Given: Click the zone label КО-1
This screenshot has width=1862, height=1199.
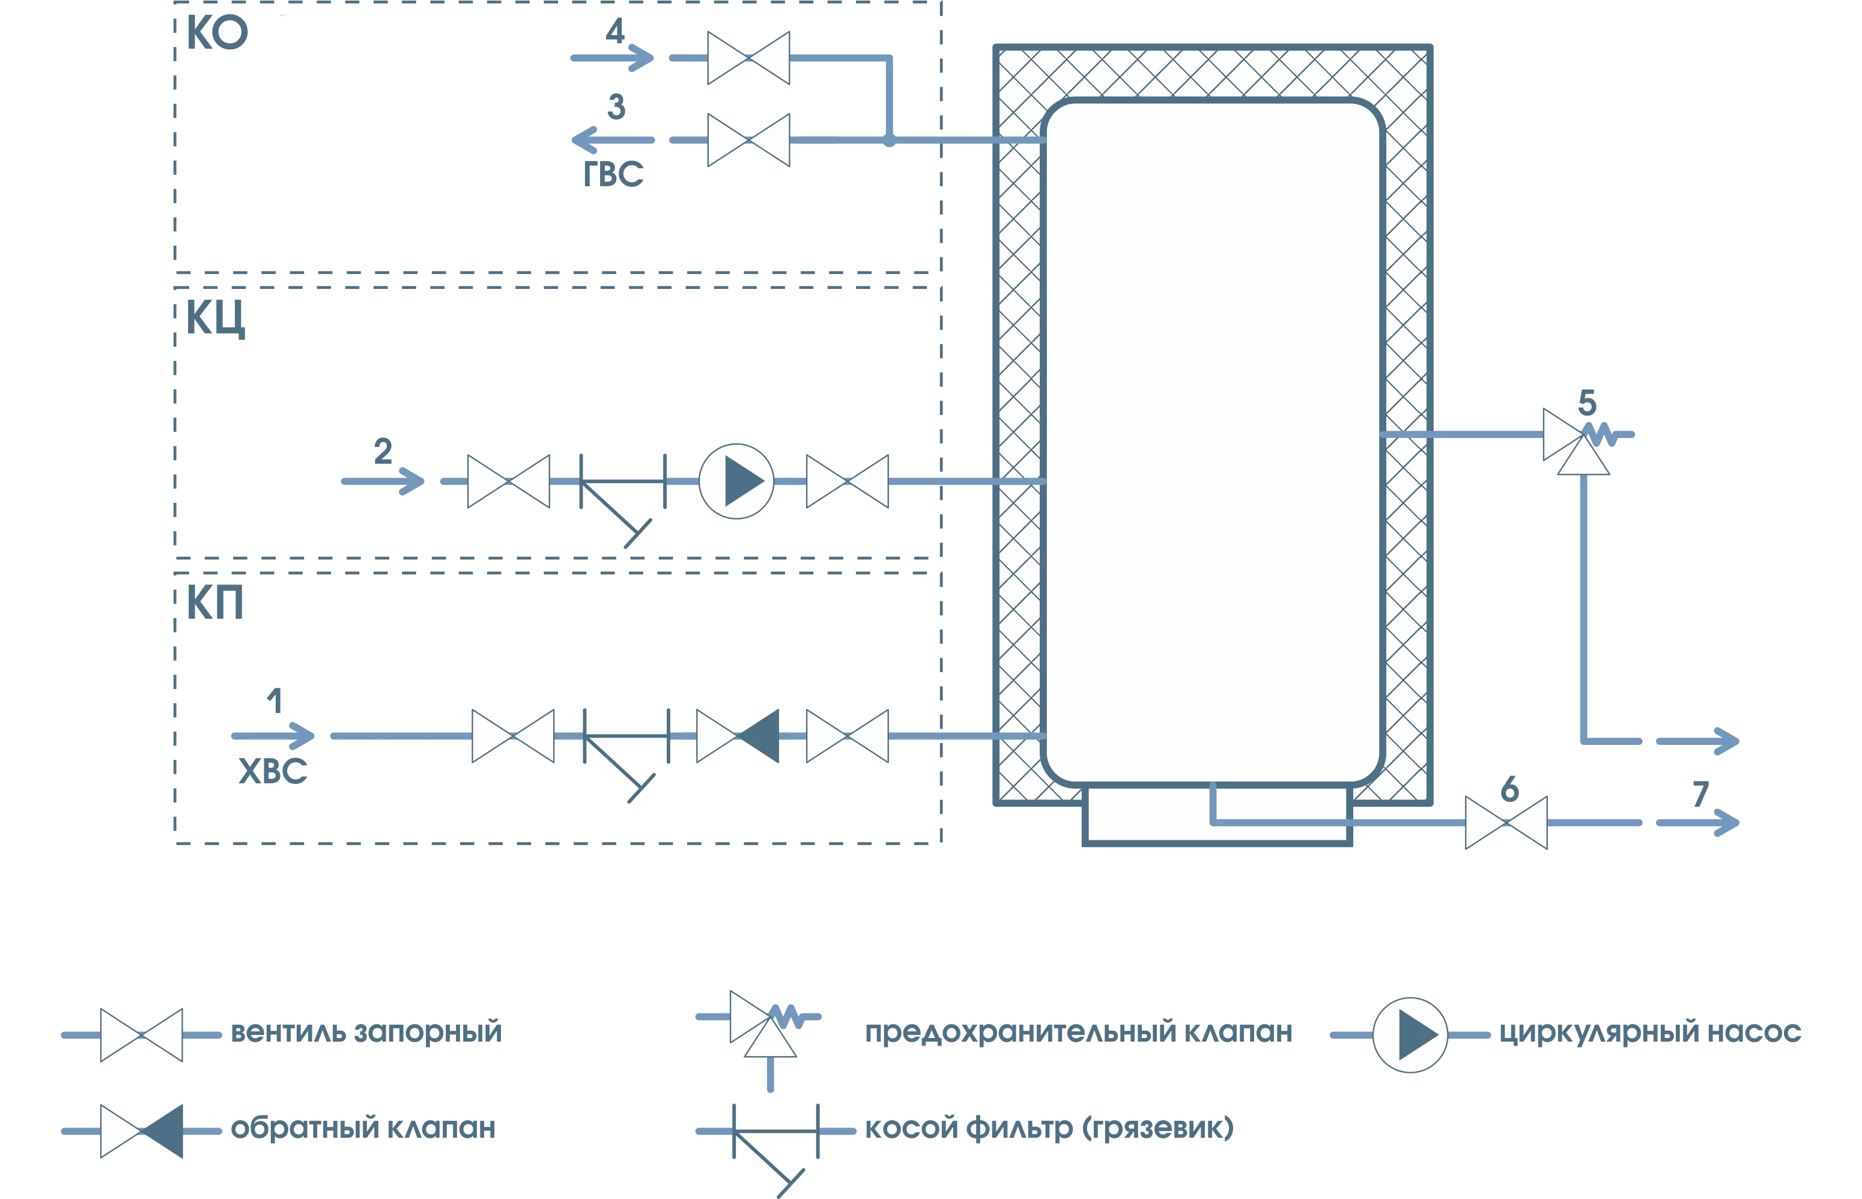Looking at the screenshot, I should [238, 34].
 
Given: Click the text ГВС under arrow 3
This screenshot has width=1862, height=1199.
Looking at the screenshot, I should [613, 174].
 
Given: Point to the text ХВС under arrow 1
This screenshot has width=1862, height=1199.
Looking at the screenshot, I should [273, 771].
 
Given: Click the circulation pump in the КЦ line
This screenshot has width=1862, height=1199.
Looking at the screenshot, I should [736, 481].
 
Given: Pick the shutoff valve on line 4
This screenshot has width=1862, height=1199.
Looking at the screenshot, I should [748, 58].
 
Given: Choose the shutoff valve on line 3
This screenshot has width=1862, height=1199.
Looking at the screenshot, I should [748, 140].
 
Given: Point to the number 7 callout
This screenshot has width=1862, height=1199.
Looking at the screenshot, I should [1700, 794].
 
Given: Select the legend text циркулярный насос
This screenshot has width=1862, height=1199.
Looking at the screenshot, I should [1649, 1033].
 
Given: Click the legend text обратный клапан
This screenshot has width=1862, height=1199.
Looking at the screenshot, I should [363, 1128].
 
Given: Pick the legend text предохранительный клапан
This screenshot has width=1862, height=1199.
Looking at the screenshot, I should [1078, 1033].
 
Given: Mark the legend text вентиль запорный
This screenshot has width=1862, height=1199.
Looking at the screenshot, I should [366, 1033].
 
